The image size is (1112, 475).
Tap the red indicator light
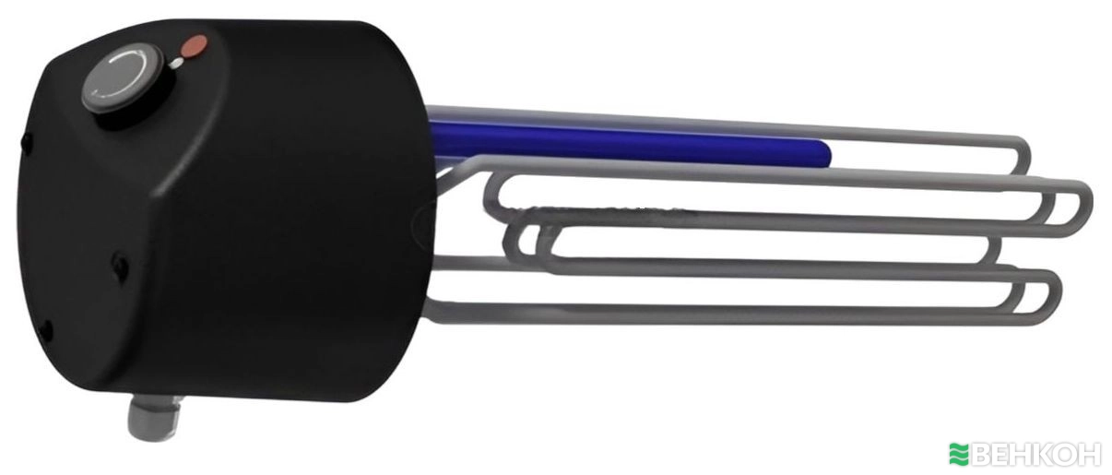coord(195,46)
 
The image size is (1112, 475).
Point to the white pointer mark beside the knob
coord(176,64)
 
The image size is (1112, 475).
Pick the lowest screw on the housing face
coord(46,329)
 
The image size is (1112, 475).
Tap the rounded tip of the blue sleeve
coord(825,153)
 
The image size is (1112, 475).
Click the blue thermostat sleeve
coord(631,142)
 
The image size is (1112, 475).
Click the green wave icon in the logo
coord(959,454)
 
